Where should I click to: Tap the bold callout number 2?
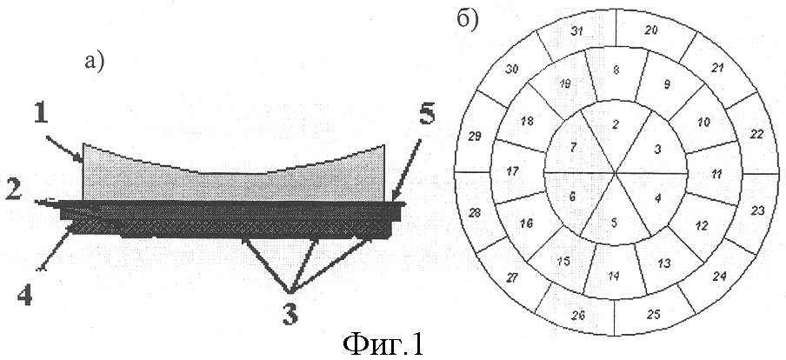coord(15,191)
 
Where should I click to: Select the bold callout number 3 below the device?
coord(290,315)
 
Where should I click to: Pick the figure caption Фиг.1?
coord(383,344)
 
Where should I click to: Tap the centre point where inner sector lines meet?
coord(616,173)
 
